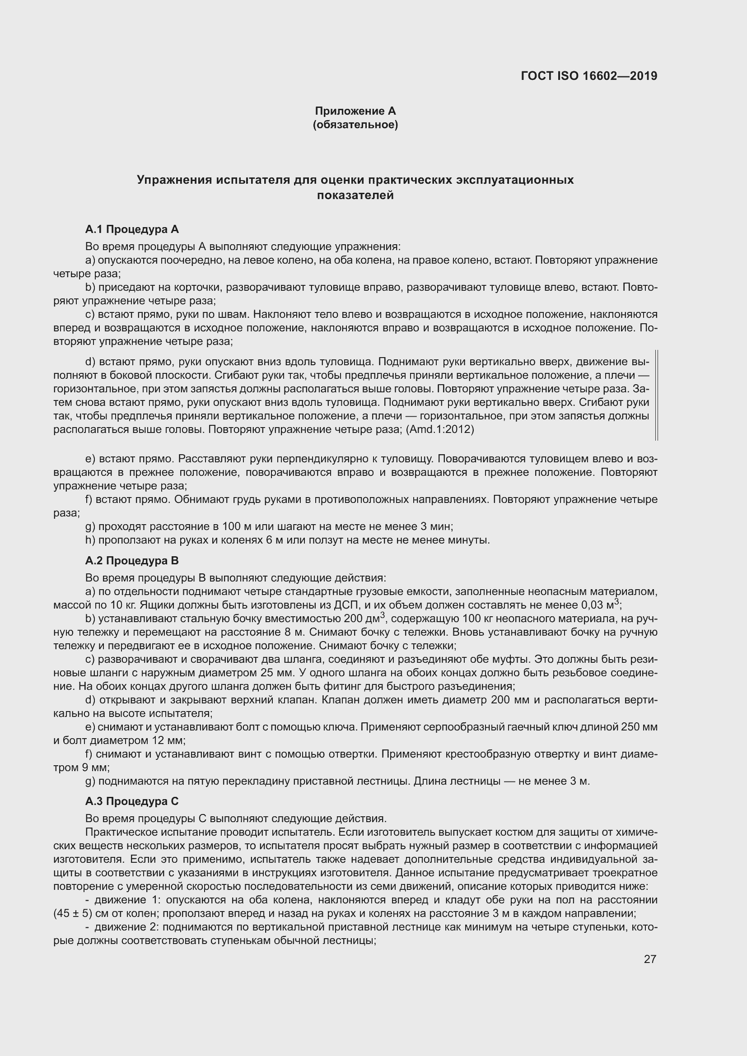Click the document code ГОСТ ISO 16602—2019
pyautogui.click(x=589, y=76)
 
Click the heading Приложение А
pyautogui.click(x=355, y=111)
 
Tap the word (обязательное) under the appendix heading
pyautogui.click(x=355, y=125)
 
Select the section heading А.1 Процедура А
pyautogui.click(x=132, y=229)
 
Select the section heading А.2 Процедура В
pyautogui.click(x=132, y=561)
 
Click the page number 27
pyautogui.click(x=649, y=959)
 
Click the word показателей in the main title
pyautogui.click(x=355, y=195)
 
